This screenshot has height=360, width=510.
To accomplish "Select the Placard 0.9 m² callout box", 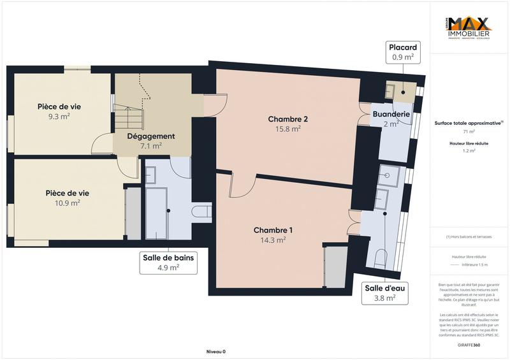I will [403, 52].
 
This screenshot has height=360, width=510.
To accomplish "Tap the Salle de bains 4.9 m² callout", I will [168, 262].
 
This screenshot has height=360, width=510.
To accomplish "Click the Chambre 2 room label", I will [288, 119].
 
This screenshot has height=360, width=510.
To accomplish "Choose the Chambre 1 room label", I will [273, 230].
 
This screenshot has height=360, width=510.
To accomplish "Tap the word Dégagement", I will [151, 136].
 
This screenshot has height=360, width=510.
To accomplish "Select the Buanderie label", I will [391, 115].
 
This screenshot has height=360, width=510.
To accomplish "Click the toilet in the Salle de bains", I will [202, 212].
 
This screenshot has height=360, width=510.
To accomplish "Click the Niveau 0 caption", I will [215, 352].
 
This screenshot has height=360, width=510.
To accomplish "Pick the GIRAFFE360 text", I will [468, 345].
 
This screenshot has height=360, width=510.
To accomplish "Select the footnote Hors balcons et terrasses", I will [468, 236].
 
